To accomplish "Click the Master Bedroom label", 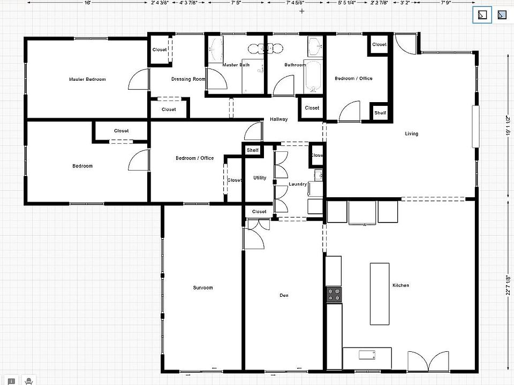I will click(87, 79).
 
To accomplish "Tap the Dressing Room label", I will click(188, 79).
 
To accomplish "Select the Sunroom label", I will click(203, 288).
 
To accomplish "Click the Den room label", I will click(284, 295).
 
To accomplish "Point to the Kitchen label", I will click(400, 286).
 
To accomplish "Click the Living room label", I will click(411, 134).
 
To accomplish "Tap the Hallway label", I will click(278, 119).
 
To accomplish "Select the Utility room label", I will click(260, 178).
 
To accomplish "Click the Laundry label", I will click(298, 184).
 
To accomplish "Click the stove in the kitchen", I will click(334, 295).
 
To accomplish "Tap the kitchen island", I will click(381, 293).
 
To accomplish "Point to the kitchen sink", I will click(367, 355).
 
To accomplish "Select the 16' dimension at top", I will click(87, 3).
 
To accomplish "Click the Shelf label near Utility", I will click(253, 150).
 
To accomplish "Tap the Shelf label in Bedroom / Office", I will click(380, 113).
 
